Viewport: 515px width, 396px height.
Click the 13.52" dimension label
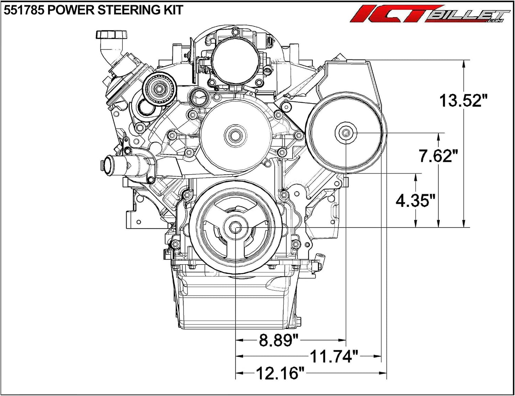click(x=461, y=100)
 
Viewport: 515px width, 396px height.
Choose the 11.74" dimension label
click(x=334, y=356)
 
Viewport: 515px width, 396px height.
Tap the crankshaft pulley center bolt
click(x=235, y=228)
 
